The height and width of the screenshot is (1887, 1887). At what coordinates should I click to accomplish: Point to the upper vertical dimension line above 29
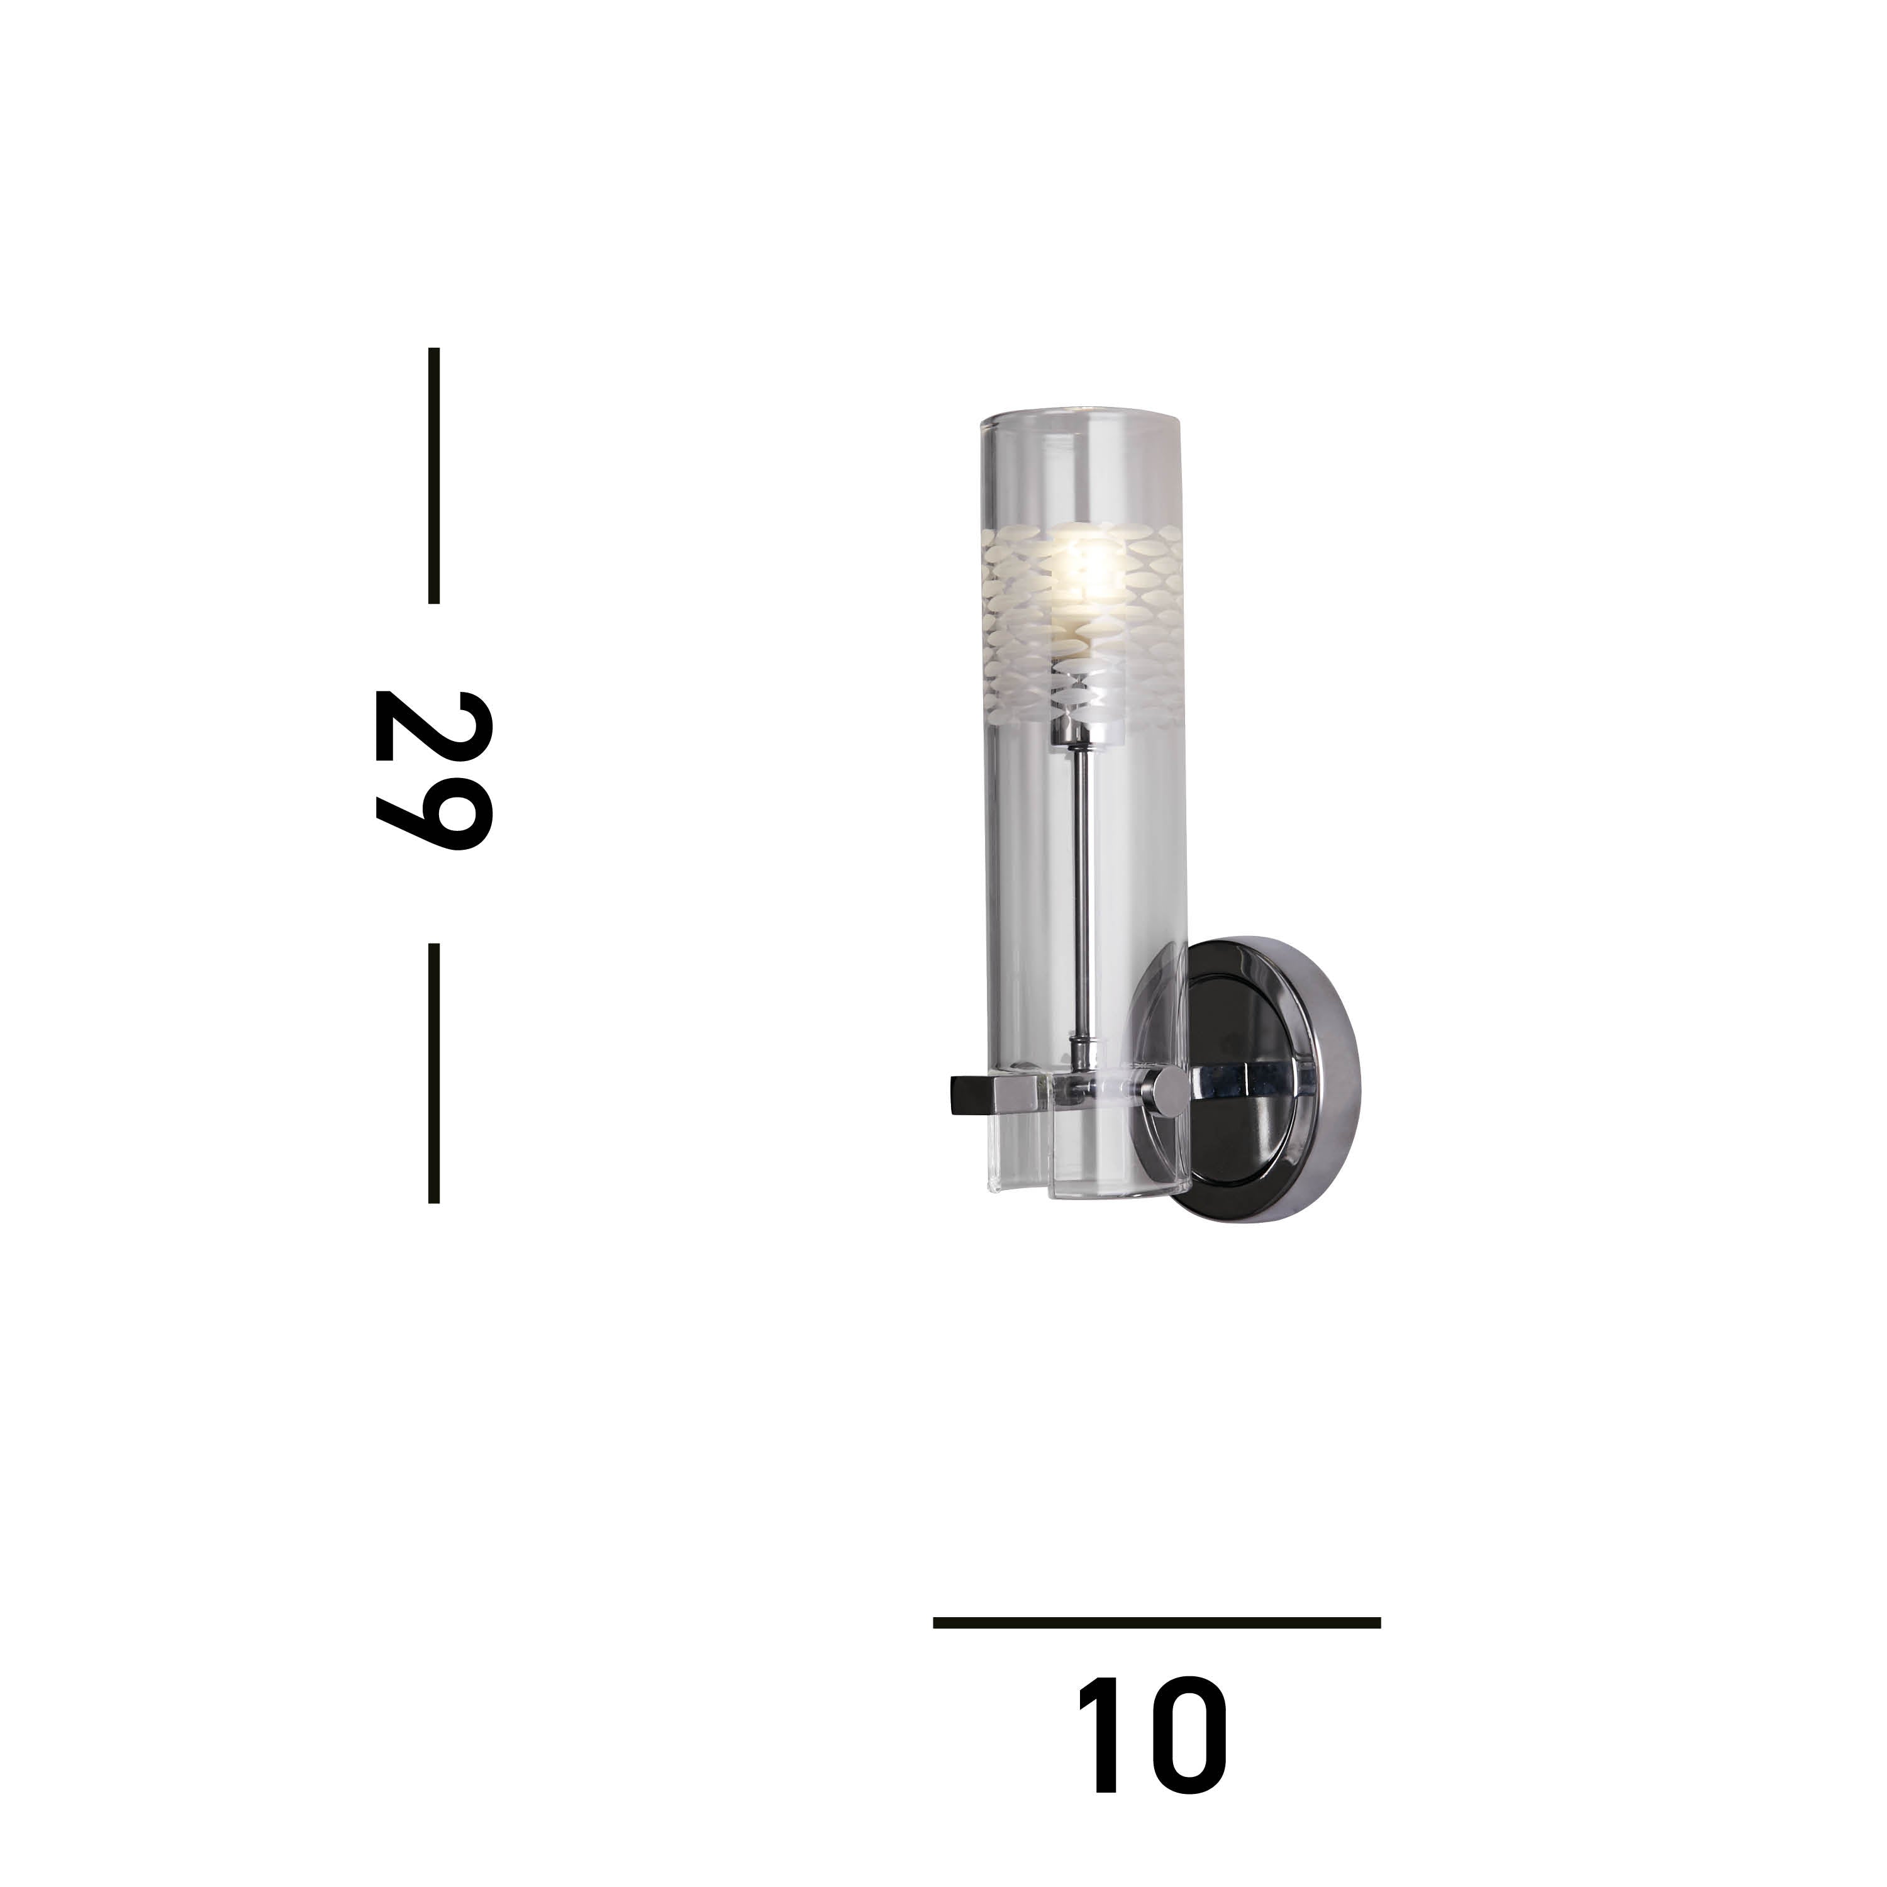click(x=433, y=475)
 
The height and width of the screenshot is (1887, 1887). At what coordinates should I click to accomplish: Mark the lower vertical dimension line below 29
click(x=433, y=1072)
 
